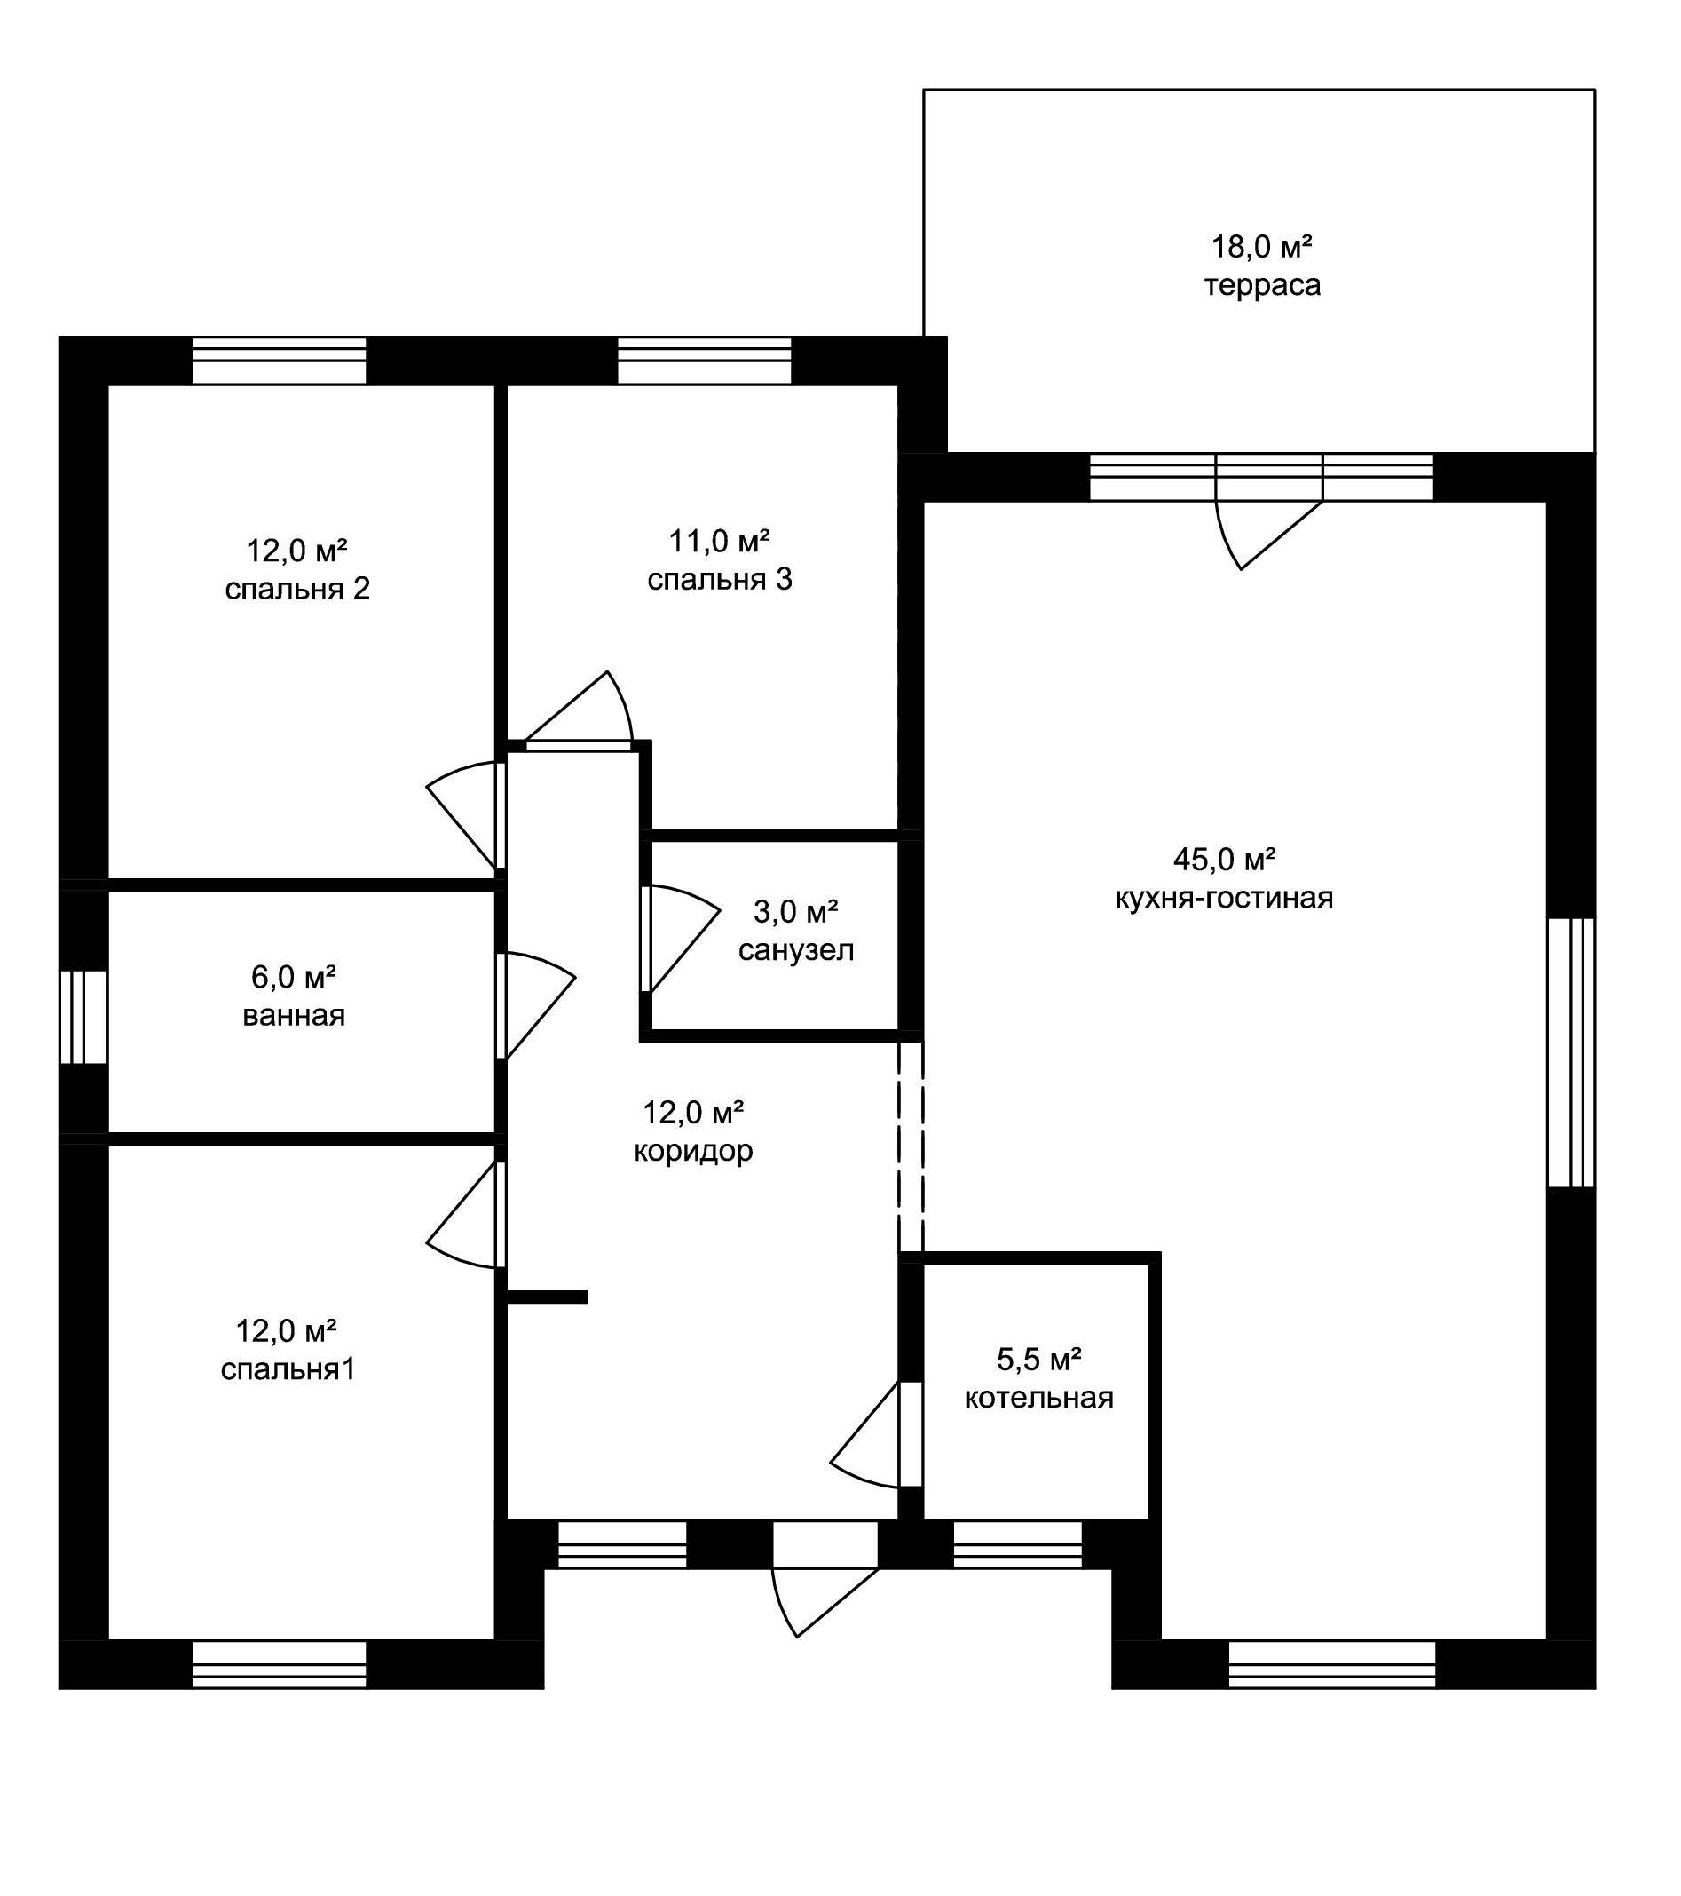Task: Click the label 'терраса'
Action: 1262,285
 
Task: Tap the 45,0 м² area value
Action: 1224,859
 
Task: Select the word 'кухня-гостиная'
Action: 1224,898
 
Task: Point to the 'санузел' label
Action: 795,951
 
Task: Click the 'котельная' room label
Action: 1038,1398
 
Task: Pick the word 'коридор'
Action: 692,1151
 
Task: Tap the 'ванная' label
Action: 294,1016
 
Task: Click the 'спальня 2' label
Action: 297,589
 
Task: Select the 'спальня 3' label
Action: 720,580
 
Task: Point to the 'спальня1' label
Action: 288,1370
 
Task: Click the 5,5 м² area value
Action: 1038,1359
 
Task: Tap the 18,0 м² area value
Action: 1262,246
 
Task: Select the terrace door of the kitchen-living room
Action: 1268,535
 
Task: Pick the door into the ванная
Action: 536,1005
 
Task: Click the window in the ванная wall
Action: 83,1017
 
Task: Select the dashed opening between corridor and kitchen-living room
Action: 911,1146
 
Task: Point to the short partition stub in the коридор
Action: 547,1297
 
